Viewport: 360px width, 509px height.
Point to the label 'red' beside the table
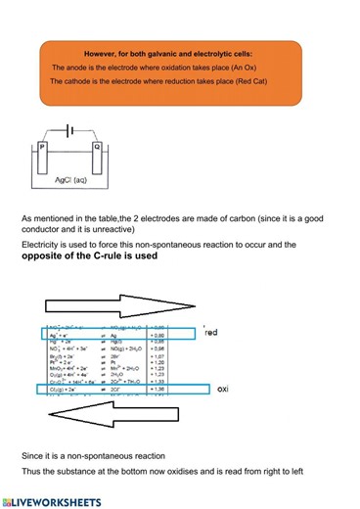210,334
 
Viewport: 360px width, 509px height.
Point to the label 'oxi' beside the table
221,389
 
